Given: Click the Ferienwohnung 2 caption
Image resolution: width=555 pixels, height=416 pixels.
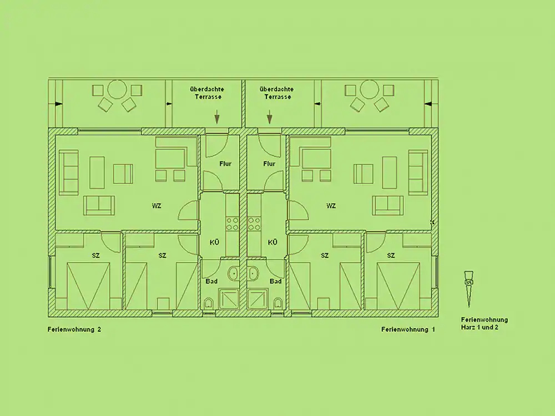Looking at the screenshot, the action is pos(74,329).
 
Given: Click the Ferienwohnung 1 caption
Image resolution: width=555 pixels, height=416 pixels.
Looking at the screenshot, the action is pos(408,329).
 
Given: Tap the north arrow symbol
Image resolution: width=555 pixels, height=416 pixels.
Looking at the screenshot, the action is pos(469,288).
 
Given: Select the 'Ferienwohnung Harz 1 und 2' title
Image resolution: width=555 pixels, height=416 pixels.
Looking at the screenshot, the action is pos(484,324).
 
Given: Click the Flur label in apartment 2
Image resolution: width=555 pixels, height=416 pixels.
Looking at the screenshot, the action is pos(225,164).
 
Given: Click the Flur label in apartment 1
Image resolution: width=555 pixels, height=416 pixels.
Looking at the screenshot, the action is pos(269,164).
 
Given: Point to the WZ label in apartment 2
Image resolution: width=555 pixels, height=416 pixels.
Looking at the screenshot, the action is pos(157,206).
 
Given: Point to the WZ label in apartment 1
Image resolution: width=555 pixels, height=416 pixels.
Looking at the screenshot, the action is pos(331,206).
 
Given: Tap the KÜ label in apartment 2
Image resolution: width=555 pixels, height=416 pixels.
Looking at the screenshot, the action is pos(214,242).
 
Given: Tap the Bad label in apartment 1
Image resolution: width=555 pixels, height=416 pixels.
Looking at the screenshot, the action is pos(275,281).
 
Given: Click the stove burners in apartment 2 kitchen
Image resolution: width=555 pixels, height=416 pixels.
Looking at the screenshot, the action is pos(233,224).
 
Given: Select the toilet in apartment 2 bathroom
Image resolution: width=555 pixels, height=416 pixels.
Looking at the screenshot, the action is pos(209,303).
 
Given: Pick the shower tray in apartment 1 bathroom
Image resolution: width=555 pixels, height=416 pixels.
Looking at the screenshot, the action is pos(258,299).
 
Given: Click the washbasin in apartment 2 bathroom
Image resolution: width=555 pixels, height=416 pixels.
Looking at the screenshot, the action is pos(233,273).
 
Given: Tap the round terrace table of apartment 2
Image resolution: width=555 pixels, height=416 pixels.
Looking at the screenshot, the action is pos(117,89).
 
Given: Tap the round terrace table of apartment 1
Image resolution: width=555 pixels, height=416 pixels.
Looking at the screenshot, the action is pos(369,89).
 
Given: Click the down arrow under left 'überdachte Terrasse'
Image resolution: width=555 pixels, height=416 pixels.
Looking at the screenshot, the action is pos(216,116).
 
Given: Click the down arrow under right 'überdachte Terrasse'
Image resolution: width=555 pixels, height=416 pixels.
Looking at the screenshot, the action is pos(270,116).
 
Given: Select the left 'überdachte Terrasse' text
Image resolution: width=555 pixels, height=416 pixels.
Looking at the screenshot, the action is pos(208,93).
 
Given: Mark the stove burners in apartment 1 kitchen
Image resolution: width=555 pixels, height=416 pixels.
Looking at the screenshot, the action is pos(254,224).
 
